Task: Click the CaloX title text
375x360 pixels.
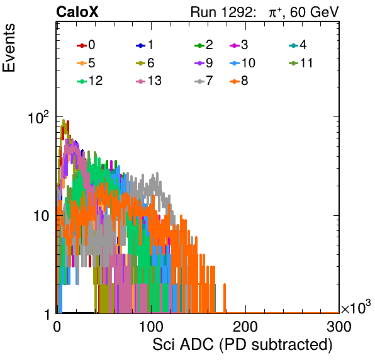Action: (x=77, y=12)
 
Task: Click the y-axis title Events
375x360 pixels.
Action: (x=9, y=48)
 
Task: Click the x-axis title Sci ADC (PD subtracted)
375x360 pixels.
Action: (x=242, y=345)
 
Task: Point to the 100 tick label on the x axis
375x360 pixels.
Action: (x=151, y=327)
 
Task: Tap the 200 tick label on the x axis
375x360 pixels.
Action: (x=245, y=327)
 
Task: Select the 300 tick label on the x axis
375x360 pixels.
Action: (x=339, y=327)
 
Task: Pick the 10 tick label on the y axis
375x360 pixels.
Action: (x=41, y=216)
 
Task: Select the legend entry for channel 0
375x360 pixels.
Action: (x=86, y=45)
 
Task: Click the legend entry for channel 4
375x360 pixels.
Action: (x=298, y=45)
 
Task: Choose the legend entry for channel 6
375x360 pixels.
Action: (x=145, y=63)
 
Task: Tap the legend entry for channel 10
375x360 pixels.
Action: (x=242, y=63)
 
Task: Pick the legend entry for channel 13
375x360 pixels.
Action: (x=148, y=81)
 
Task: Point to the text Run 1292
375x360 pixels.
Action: (x=221, y=12)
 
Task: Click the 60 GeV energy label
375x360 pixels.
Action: (x=315, y=12)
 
